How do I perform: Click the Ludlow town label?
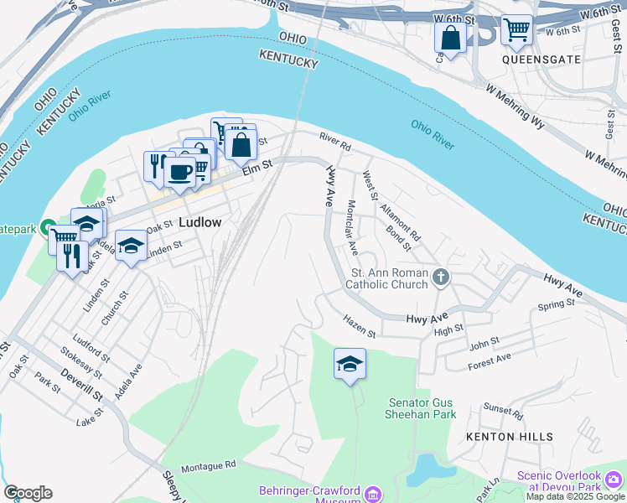point(200,222)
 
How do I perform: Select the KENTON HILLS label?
point(510,437)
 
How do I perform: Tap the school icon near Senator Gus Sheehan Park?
point(350,364)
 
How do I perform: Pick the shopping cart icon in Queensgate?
point(516,30)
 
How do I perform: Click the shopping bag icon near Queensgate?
point(450,37)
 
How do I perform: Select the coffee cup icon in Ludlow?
point(179,171)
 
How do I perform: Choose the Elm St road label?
point(258,169)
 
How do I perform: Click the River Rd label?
point(334,140)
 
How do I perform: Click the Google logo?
point(28,493)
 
